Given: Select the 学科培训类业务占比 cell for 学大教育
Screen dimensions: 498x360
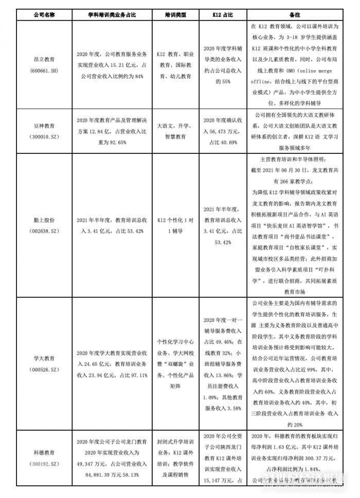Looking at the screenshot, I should [111, 363].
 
